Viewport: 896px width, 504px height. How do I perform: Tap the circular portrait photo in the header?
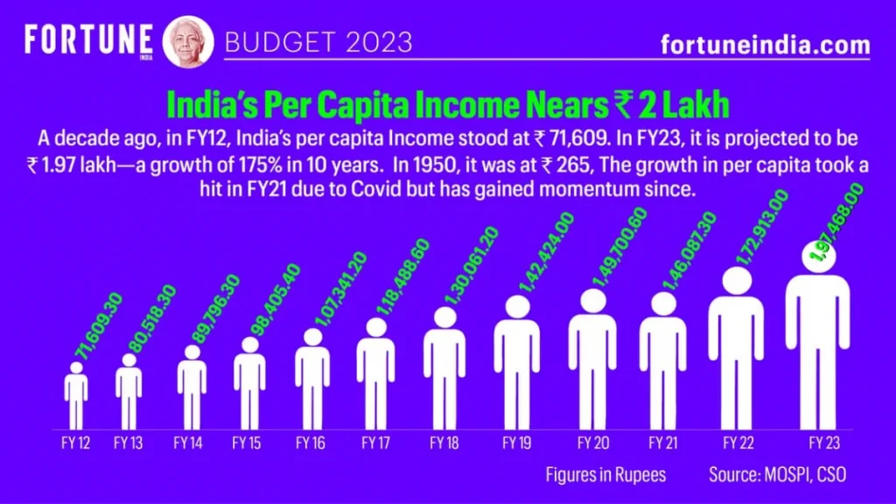(186, 41)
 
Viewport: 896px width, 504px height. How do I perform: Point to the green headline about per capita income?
(447, 105)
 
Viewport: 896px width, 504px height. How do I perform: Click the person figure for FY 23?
(817, 341)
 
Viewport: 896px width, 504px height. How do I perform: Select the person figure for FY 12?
(76, 398)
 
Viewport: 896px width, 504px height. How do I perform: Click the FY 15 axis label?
(246, 444)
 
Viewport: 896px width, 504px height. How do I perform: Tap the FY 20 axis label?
(592, 444)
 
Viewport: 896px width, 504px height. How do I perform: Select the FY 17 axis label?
(375, 444)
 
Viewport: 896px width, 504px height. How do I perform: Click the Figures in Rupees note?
(605, 475)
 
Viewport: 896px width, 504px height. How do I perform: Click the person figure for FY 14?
(192, 385)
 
